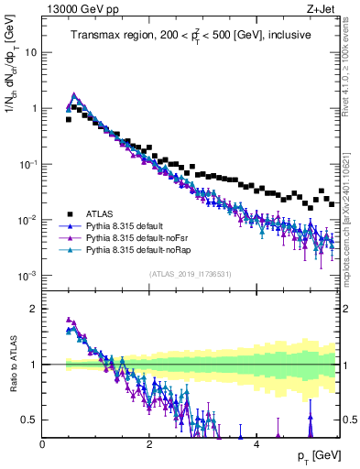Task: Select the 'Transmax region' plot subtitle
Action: (191, 35)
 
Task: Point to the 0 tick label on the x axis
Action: (43, 445)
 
